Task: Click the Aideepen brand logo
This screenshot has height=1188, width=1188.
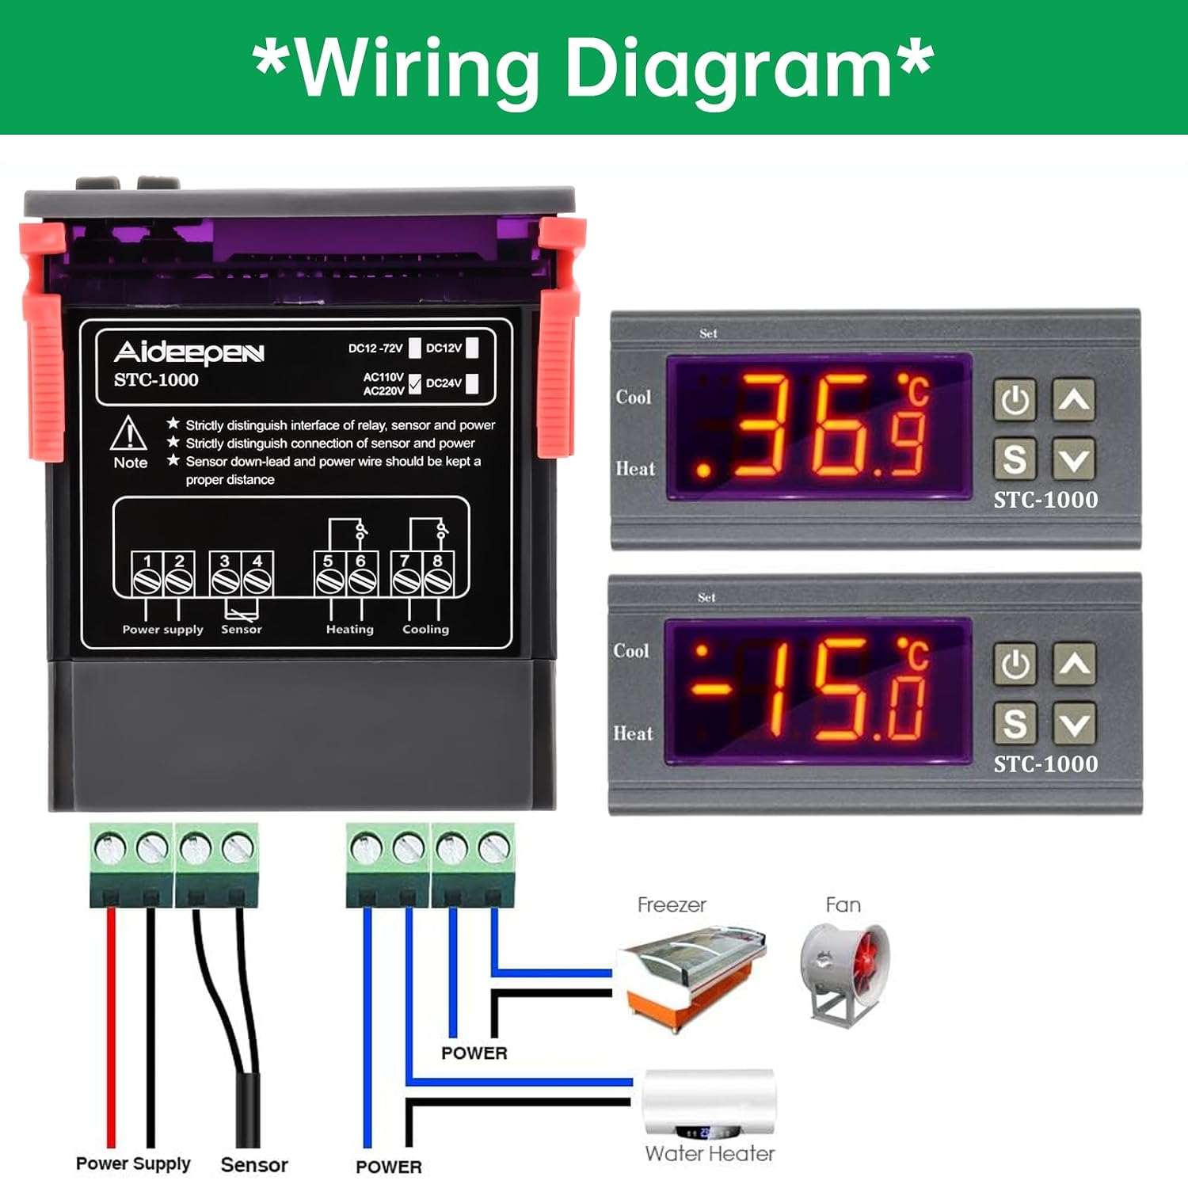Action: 188,352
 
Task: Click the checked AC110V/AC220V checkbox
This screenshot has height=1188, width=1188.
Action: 414,384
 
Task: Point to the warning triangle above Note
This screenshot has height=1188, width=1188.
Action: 128,433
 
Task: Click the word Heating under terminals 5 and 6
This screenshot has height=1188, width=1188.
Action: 349,630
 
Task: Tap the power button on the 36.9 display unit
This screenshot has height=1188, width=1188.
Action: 1015,400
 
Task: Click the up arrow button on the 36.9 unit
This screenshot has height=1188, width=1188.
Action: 1074,400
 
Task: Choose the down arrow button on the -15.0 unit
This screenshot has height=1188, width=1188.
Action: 1074,724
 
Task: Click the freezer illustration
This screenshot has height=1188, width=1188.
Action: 691,976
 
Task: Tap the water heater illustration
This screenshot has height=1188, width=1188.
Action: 709,1102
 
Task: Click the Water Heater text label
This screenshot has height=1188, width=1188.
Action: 710,1154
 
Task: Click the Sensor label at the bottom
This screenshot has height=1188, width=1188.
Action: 254,1165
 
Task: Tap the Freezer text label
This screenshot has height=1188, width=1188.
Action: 672,904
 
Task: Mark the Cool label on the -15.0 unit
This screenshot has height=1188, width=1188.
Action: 631,651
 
